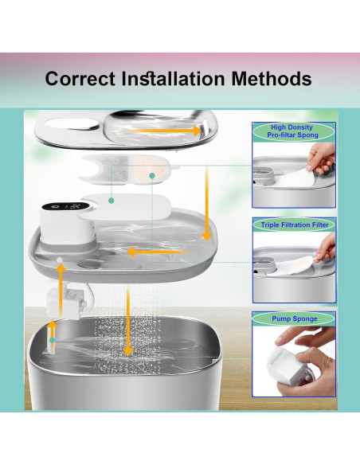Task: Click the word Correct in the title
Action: [x=78, y=79]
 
